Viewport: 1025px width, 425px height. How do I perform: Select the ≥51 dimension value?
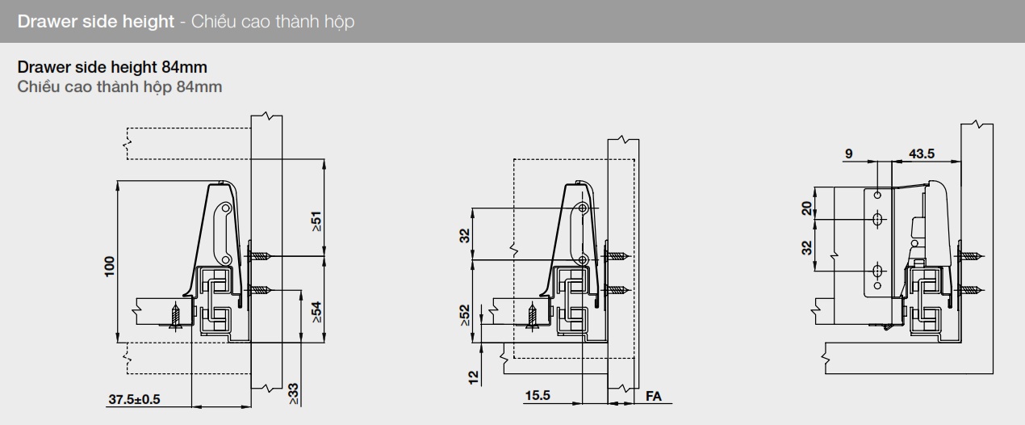[316, 222]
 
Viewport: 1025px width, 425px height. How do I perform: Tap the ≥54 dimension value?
[316, 312]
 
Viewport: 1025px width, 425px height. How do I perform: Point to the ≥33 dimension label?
[293, 393]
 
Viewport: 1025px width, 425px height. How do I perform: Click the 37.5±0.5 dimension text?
[134, 399]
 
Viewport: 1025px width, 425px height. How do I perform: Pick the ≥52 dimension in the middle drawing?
[466, 315]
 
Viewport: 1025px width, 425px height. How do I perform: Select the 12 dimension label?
[474, 376]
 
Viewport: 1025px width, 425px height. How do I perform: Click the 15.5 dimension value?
[538, 396]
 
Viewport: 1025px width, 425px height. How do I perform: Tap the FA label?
[654, 397]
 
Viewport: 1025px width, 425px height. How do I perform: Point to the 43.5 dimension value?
[922, 154]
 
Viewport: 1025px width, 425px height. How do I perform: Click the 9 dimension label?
[847, 154]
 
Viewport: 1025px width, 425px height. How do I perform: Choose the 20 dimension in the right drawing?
[807, 208]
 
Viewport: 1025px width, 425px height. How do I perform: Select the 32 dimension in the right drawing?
[807, 247]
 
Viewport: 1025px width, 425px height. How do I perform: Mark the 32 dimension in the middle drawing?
[465, 235]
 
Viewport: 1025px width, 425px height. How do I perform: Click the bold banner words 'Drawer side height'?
[96, 22]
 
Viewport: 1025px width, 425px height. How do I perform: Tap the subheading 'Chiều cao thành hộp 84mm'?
[119, 86]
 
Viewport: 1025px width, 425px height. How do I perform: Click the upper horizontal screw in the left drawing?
[260, 256]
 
